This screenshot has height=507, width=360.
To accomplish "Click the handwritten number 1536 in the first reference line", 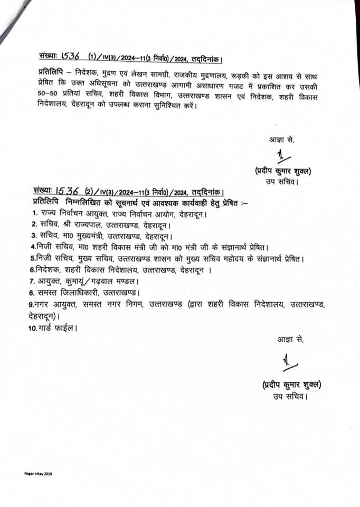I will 72,55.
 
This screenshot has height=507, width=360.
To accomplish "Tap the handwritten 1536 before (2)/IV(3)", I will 68,191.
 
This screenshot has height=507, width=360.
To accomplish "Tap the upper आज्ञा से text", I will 280,140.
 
